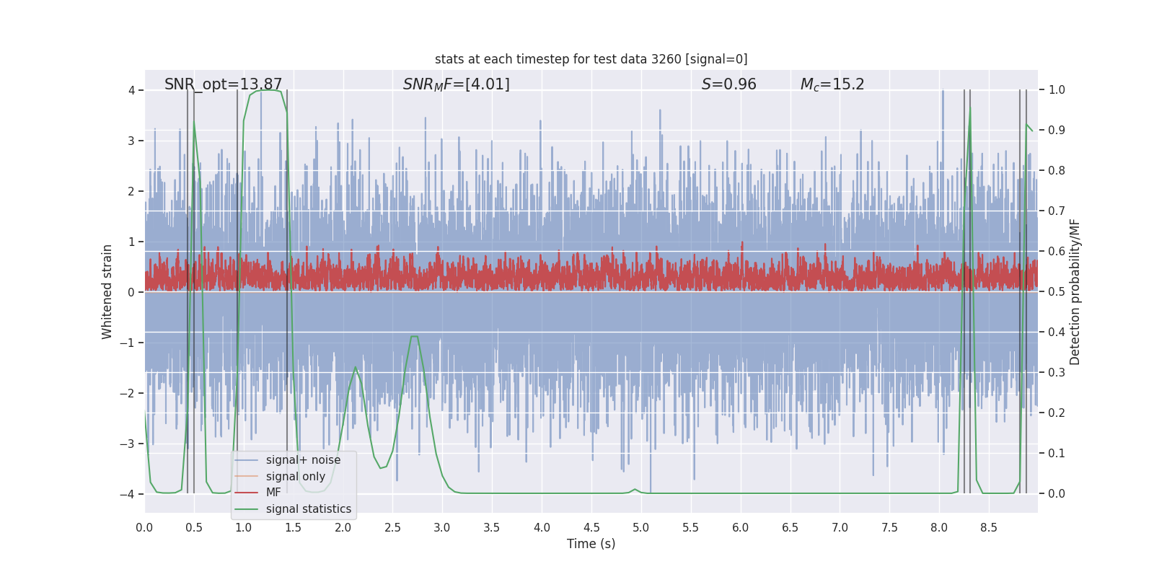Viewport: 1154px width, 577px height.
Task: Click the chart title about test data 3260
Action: (x=591, y=59)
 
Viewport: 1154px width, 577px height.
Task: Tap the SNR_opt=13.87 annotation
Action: (x=223, y=84)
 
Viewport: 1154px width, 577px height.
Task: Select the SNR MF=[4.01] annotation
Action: (x=456, y=84)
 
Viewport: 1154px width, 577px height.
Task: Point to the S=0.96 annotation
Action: (x=728, y=84)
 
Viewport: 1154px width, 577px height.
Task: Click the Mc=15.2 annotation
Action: (x=832, y=84)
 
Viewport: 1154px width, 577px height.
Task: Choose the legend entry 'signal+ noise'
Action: (x=303, y=460)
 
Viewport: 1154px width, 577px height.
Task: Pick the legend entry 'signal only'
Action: (x=295, y=477)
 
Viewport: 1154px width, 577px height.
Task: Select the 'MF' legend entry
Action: (x=273, y=493)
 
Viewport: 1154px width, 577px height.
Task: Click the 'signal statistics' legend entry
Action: (x=308, y=509)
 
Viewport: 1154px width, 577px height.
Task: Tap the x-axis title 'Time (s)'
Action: (x=591, y=544)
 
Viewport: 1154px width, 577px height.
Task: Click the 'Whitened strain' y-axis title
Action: (x=107, y=291)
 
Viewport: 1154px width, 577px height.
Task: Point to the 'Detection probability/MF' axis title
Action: (x=1075, y=291)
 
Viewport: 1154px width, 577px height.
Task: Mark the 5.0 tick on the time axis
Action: (x=641, y=527)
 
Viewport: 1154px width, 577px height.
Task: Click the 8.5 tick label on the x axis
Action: (x=989, y=527)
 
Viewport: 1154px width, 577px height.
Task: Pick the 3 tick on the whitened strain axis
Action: (x=131, y=141)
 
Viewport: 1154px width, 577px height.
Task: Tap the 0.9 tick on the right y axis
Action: (x=1057, y=131)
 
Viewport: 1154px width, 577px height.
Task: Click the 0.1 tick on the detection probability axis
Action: (x=1057, y=454)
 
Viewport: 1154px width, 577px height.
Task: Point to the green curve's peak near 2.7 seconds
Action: (x=414, y=337)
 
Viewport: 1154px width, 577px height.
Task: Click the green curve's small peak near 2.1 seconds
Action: (x=355, y=367)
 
